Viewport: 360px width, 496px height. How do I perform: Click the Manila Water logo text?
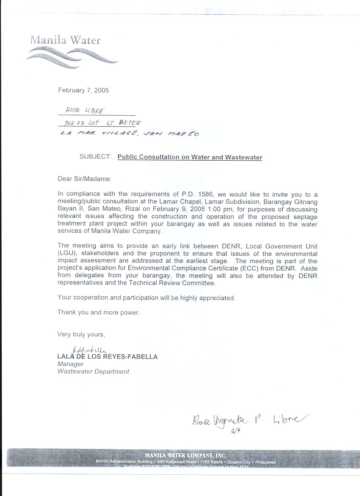pyautogui.click(x=65, y=40)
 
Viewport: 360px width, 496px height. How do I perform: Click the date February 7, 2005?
pyautogui.click(x=83, y=90)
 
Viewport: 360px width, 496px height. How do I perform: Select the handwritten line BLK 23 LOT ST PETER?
pyautogui.click(x=101, y=123)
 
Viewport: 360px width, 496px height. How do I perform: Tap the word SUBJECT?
pyautogui.click(x=95, y=157)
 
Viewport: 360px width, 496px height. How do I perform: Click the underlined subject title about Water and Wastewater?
pyautogui.click(x=190, y=157)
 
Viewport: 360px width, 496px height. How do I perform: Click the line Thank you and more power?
pyautogui.click(x=98, y=312)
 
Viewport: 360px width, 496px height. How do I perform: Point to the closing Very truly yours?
pyautogui.click(x=81, y=334)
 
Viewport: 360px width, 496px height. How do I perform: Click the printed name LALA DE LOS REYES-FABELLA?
pyautogui.click(x=107, y=357)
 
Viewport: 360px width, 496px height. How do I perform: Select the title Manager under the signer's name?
pyautogui.click(x=70, y=364)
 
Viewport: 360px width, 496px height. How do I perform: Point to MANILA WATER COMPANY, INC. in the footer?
pyautogui.click(x=186, y=456)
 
